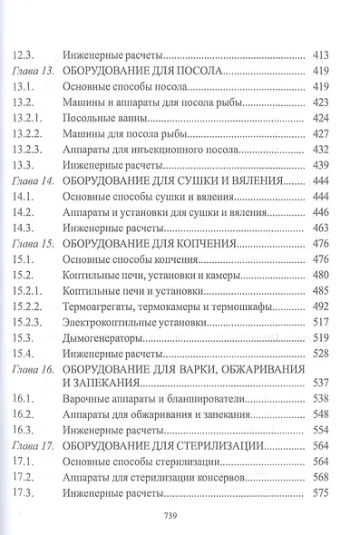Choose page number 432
321,149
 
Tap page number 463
321,228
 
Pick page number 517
321,322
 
